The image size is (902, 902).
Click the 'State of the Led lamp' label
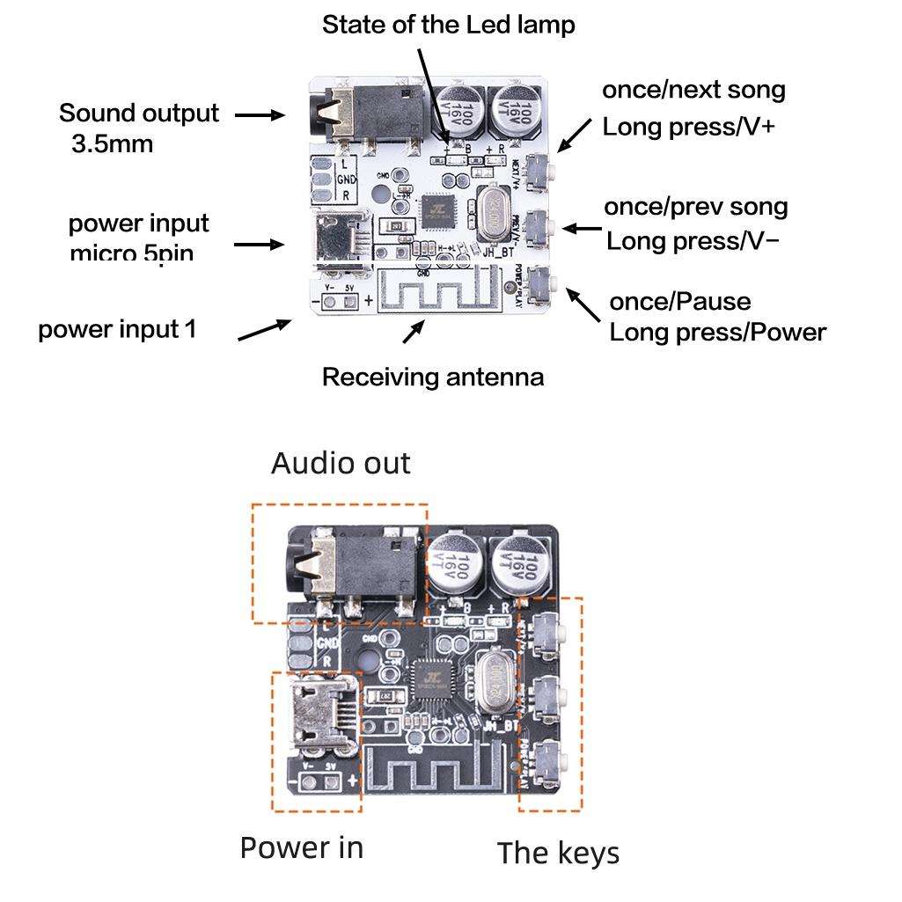[x=448, y=25]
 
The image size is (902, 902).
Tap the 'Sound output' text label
[x=139, y=114]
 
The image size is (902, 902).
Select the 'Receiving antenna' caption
[x=432, y=377]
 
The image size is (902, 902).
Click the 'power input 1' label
[x=117, y=329]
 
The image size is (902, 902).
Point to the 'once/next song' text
[x=693, y=90]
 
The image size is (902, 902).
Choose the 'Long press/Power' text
[x=717, y=333]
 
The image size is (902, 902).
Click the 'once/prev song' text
[x=695, y=207]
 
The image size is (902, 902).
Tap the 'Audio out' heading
[x=340, y=463]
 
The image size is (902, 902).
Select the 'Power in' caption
[x=301, y=847]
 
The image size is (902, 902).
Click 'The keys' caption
[x=558, y=853]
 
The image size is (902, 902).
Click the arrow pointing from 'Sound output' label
[x=260, y=115]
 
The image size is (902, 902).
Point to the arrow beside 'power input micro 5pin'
[x=260, y=244]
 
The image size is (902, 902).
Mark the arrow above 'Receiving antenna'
[x=413, y=333]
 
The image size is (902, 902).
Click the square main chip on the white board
[x=436, y=209]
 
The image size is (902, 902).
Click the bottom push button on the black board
[x=551, y=757]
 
